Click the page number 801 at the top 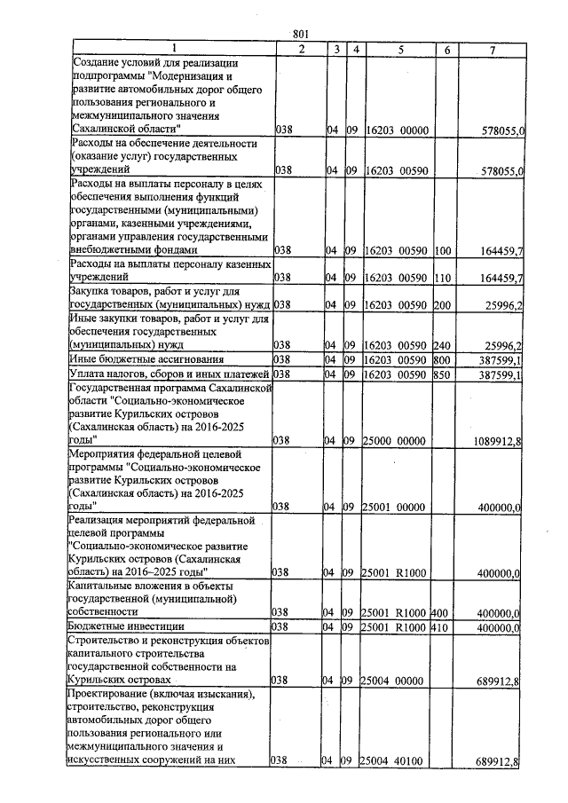(300, 35)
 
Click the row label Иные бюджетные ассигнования (144, 359)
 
